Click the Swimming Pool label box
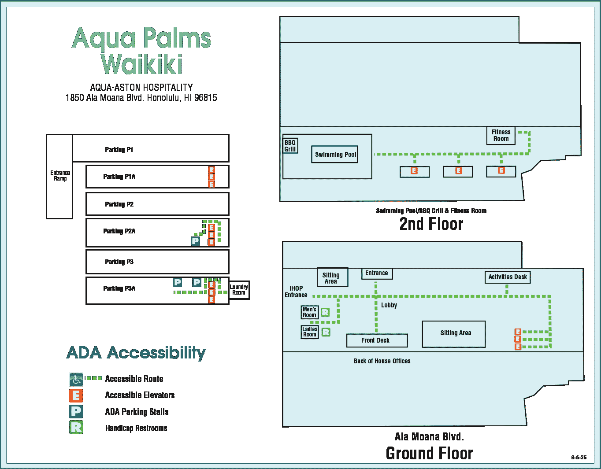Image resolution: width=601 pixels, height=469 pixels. pyautogui.click(x=334, y=155)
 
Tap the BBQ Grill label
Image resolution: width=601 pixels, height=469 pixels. pyautogui.click(x=290, y=146)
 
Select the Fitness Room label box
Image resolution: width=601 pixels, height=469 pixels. pyautogui.click(x=501, y=135)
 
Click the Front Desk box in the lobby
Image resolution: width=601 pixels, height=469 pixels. pyautogui.click(x=376, y=340)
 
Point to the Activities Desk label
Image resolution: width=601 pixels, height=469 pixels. pyautogui.click(x=508, y=277)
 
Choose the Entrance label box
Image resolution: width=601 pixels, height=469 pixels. pyautogui.click(x=377, y=273)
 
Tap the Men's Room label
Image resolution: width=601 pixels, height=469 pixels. pyautogui.click(x=309, y=312)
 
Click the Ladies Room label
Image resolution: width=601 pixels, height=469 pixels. pyautogui.click(x=310, y=332)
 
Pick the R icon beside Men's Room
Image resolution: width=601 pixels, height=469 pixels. pyautogui.click(x=325, y=313)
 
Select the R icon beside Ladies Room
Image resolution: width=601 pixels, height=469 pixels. pyautogui.click(x=326, y=332)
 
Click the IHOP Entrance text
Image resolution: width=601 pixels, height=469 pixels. pyautogui.click(x=296, y=292)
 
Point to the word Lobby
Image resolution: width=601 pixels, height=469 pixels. pyautogui.click(x=389, y=305)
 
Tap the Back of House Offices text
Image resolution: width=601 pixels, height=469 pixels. pyautogui.click(x=382, y=361)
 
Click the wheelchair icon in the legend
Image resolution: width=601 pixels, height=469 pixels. pyautogui.click(x=76, y=379)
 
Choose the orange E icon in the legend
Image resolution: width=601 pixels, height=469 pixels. pyautogui.click(x=76, y=395)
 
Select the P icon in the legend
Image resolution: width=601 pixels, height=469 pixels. pyautogui.click(x=76, y=411)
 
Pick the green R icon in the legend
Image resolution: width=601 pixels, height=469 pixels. pyautogui.click(x=76, y=427)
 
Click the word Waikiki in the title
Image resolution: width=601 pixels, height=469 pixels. pyautogui.click(x=141, y=64)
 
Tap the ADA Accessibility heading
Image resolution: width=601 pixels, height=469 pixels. pyautogui.click(x=136, y=353)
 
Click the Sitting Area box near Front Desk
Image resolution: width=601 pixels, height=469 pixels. pyautogui.click(x=454, y=334)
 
